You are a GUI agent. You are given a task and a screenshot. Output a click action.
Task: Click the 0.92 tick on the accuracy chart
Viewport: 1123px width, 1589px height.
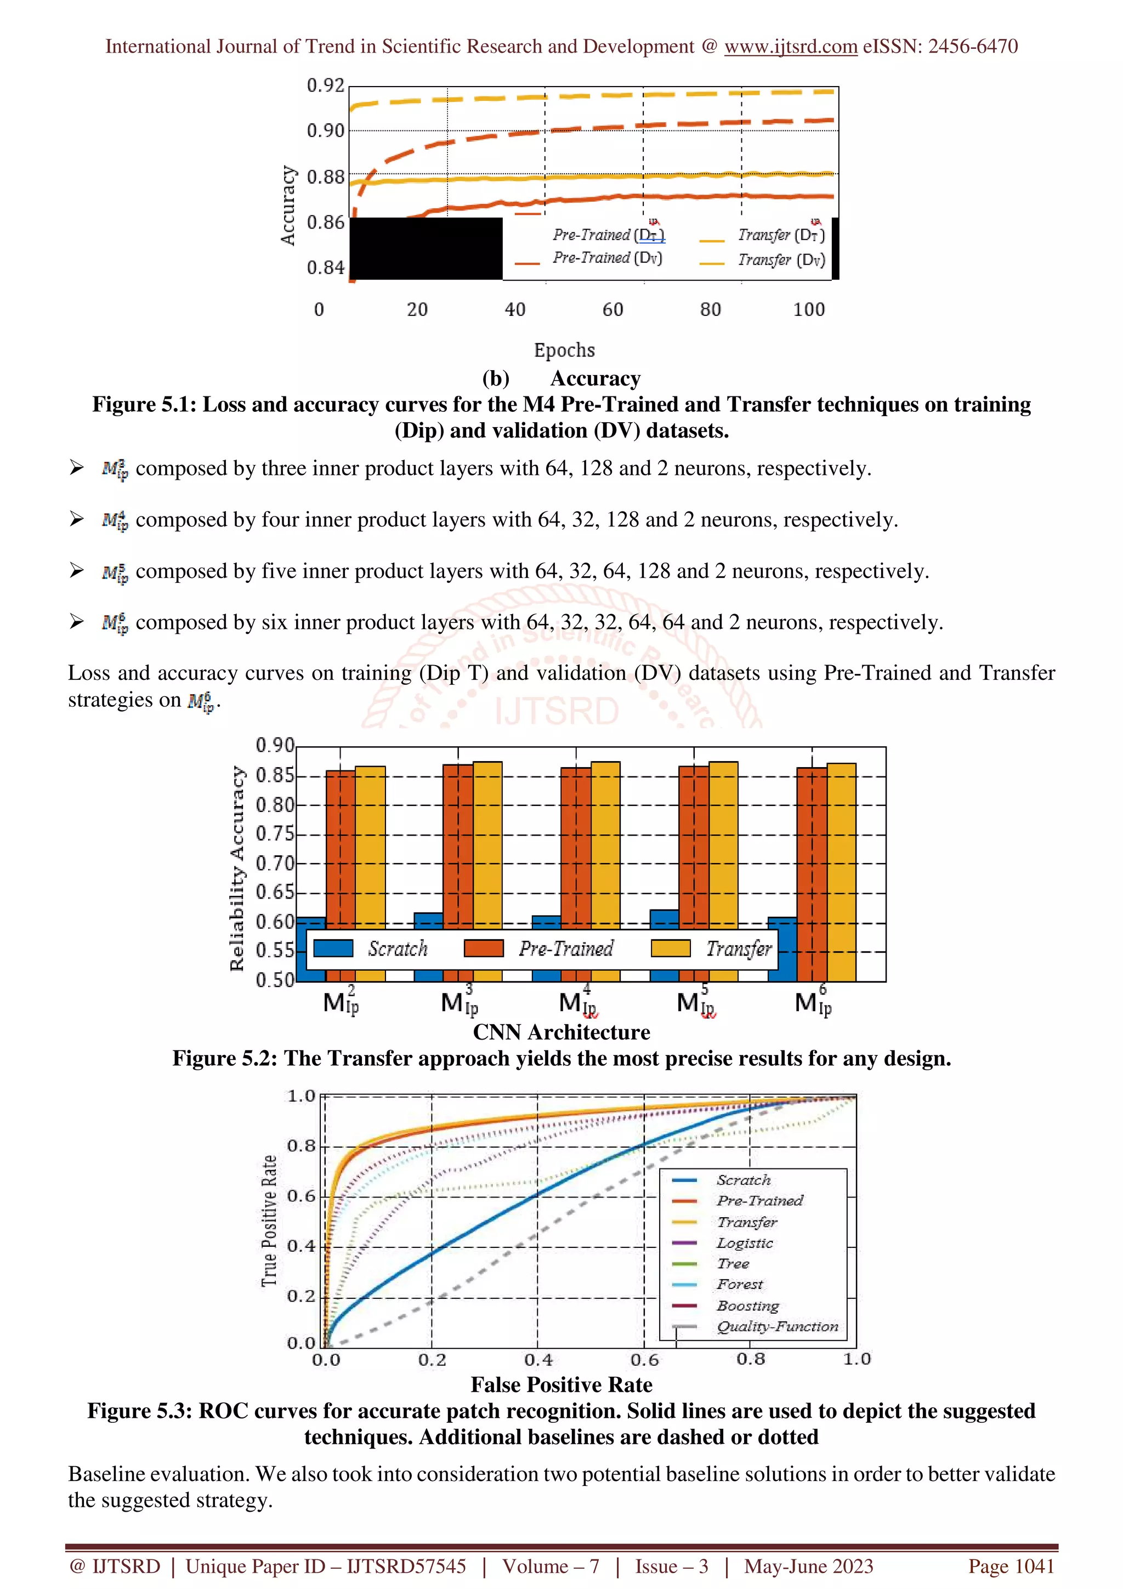(325, 86)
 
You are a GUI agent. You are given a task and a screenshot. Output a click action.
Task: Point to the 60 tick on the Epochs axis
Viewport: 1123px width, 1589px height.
(612, 309)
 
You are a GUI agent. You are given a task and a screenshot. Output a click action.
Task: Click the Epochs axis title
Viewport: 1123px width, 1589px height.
(564, 350)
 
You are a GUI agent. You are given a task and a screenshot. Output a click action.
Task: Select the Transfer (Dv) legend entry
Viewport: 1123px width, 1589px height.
(780, 260)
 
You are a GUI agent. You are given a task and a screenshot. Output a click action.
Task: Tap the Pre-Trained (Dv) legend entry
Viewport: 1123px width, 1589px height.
(607, 258)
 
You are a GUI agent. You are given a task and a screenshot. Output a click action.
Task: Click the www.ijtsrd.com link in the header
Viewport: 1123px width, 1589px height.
(790, 47)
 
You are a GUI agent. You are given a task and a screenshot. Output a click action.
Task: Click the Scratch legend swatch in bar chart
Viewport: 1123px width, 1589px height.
(333, 948)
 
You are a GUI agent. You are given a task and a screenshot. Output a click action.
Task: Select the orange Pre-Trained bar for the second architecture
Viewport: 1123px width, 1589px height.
(458, 844)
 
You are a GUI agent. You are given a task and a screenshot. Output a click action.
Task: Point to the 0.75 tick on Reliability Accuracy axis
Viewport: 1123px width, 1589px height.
(275, 834)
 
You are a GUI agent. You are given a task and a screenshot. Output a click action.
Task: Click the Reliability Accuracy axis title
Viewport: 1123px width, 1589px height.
(237, 868)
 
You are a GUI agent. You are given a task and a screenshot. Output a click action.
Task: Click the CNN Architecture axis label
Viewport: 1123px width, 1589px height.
(561, 1032)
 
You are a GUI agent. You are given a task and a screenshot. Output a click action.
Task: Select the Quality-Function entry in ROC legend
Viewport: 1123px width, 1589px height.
(776, 1326)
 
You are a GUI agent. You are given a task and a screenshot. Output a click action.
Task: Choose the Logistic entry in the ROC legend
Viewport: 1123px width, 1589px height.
(745, 1243)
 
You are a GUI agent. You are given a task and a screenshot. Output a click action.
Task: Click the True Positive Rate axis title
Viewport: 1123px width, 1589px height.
(269, 1222)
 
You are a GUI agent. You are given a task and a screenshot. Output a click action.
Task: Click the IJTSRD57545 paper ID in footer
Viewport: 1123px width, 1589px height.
(406, 1566)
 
